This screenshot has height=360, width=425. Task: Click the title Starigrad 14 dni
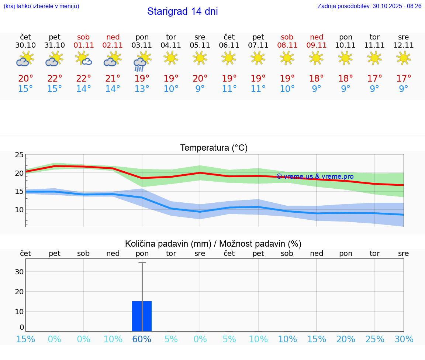point(182,11)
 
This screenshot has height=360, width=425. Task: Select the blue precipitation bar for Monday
point(142,316)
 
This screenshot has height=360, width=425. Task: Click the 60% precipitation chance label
point(142,339)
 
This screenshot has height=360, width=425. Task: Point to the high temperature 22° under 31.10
point(55,79)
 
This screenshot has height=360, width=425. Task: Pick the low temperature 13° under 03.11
point(142,89)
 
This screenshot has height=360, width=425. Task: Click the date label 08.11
point(287,45)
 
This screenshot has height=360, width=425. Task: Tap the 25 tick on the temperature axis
point(19,155)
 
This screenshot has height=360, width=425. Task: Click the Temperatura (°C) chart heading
point(214,148)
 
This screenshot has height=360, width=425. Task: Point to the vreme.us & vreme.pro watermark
point(315,176)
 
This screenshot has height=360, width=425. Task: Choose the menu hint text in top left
point(41,6)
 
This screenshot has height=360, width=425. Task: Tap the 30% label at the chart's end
point(404,339)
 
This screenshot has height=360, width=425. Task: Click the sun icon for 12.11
point(404,58)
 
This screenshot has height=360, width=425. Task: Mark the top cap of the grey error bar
point(142,263)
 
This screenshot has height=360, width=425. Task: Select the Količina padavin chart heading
point(213,244)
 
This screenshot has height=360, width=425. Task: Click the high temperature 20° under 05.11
point(200,79)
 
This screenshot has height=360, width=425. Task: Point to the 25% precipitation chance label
point(375,339)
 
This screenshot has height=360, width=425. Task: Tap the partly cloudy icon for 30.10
point(25,59)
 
